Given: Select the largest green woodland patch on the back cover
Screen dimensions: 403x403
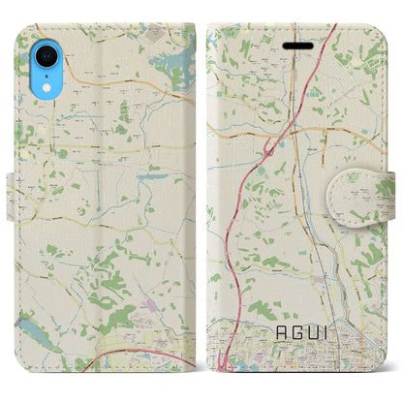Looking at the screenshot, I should click(x=116, y=286).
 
